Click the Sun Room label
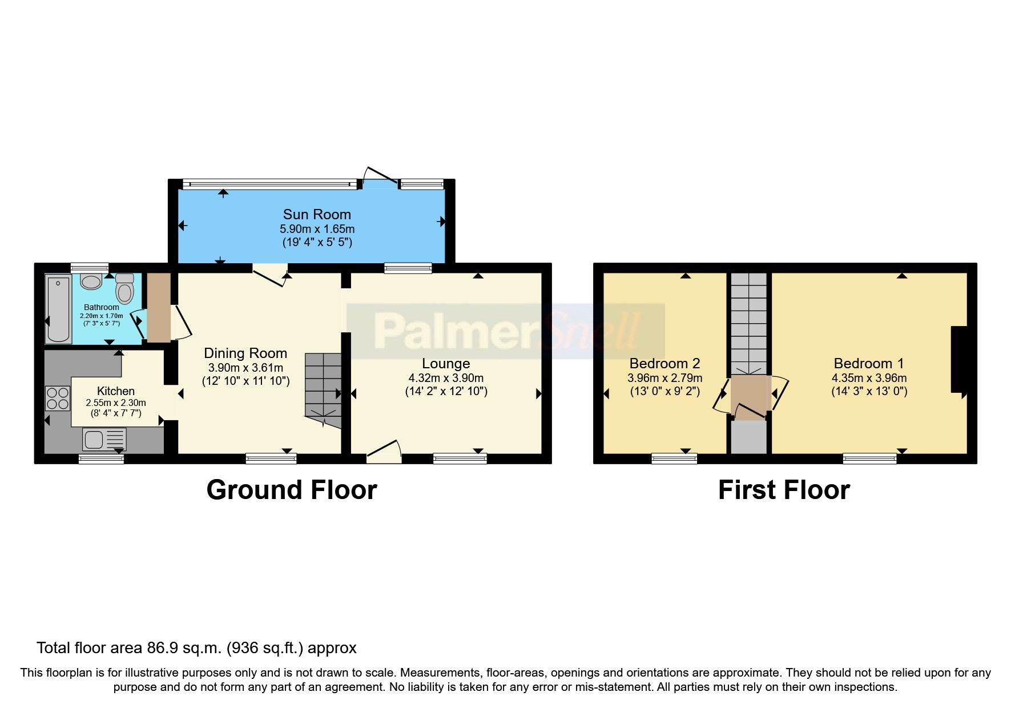point(317,215)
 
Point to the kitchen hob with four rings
point(57,398)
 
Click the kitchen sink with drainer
point(104,440)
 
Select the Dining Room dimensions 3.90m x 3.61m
point(245,368)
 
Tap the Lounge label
point(446,364)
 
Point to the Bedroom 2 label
point(664,364)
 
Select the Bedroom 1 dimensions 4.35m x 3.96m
point(869,378)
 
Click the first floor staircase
point(749,323)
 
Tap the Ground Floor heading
point(292,490)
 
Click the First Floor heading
point(784,490)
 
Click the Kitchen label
point(116,391)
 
